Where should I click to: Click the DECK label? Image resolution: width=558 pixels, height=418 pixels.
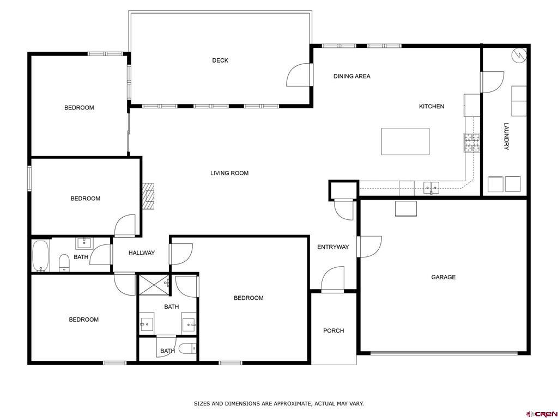(x=220, y=60)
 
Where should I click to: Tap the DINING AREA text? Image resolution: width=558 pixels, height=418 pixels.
(x=351, y=76)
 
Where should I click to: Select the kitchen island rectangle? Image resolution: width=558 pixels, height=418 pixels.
(x=405, y=142)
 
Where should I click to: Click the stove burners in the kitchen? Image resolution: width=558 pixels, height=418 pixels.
(x=472, y=143)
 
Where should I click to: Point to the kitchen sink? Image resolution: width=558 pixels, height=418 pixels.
(x=431, y=187)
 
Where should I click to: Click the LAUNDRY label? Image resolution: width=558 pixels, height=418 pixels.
(x=506, y=136)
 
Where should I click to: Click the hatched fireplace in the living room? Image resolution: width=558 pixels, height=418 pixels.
(x=149, y=196)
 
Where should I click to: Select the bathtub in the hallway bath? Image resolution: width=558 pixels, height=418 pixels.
(x=40, y=256)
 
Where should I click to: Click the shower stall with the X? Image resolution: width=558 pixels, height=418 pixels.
(x=153, y=284)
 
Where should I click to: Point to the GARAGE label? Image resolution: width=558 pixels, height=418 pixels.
(x=443, y=277)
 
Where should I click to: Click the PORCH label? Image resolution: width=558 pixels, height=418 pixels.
(x=333, y=330)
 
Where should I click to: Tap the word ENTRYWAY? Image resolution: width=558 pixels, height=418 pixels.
(x=333, y=247)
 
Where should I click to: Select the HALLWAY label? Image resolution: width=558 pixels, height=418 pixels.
(x=142, y=253)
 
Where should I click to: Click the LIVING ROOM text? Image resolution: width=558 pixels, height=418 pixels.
(x=229, y=173)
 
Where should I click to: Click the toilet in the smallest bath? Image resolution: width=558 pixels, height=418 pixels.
(x=187, y=349)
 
